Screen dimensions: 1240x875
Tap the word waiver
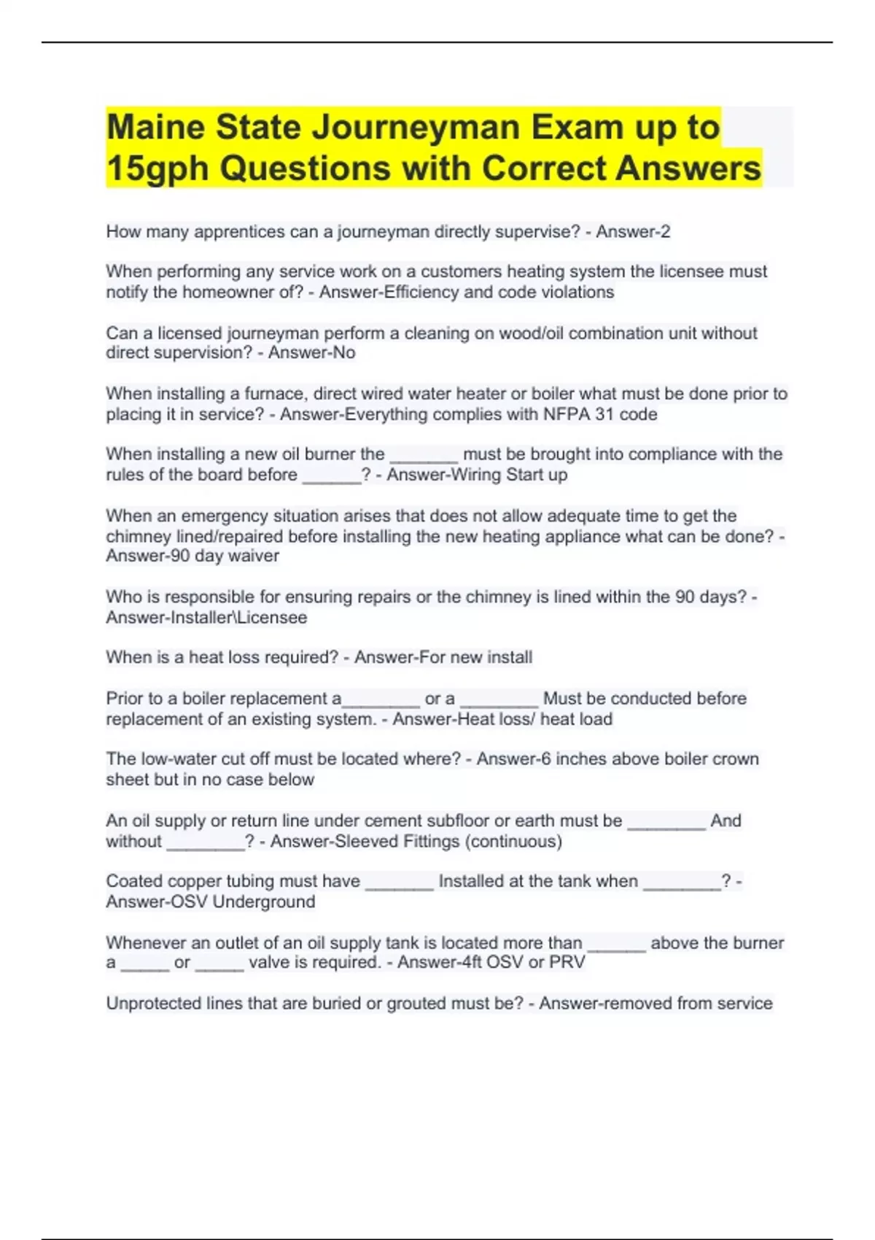click(254, 556)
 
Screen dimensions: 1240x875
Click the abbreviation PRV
click(567, 962)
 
